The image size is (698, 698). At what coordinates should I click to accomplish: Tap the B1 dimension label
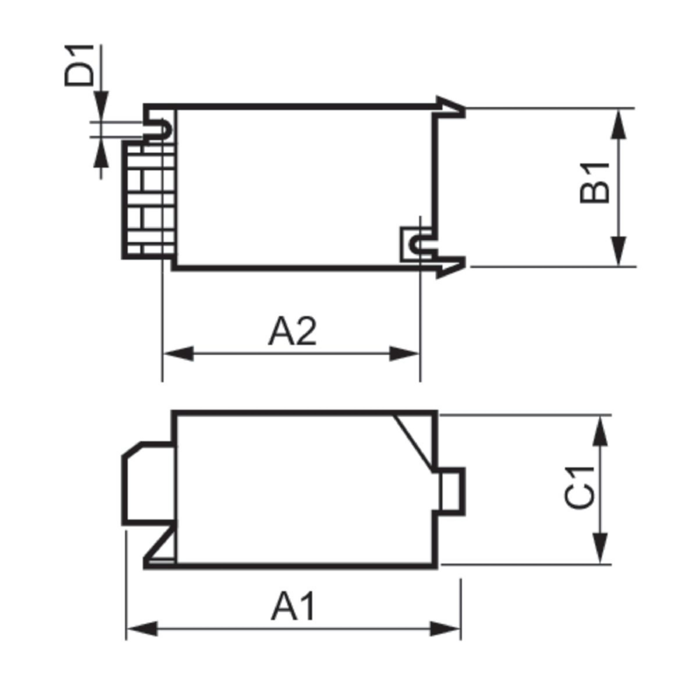(594, 183)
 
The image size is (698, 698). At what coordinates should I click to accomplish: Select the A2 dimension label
(292, 332)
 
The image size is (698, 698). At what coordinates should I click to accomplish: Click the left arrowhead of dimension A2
(179, 353)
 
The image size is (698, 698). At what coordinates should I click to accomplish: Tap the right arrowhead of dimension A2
(404, 353)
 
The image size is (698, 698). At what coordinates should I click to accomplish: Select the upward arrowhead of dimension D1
(101, 152)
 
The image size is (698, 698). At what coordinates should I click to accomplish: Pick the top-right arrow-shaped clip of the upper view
(450, 107)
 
